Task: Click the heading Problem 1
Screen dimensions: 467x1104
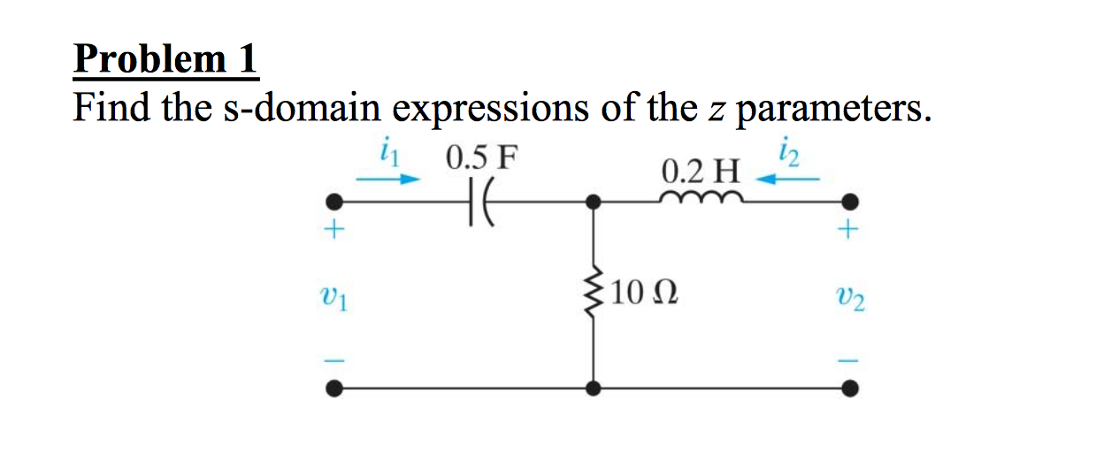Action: (165, 60)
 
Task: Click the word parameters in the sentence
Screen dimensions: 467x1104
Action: (832, 110)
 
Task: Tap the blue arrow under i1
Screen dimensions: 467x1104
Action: (386, 179)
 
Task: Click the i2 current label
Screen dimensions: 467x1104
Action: (789, 155)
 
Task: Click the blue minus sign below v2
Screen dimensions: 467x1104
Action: (849, 359)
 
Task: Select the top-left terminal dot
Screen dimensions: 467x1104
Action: (333, 202)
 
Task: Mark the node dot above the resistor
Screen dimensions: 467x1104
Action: (594, 203)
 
